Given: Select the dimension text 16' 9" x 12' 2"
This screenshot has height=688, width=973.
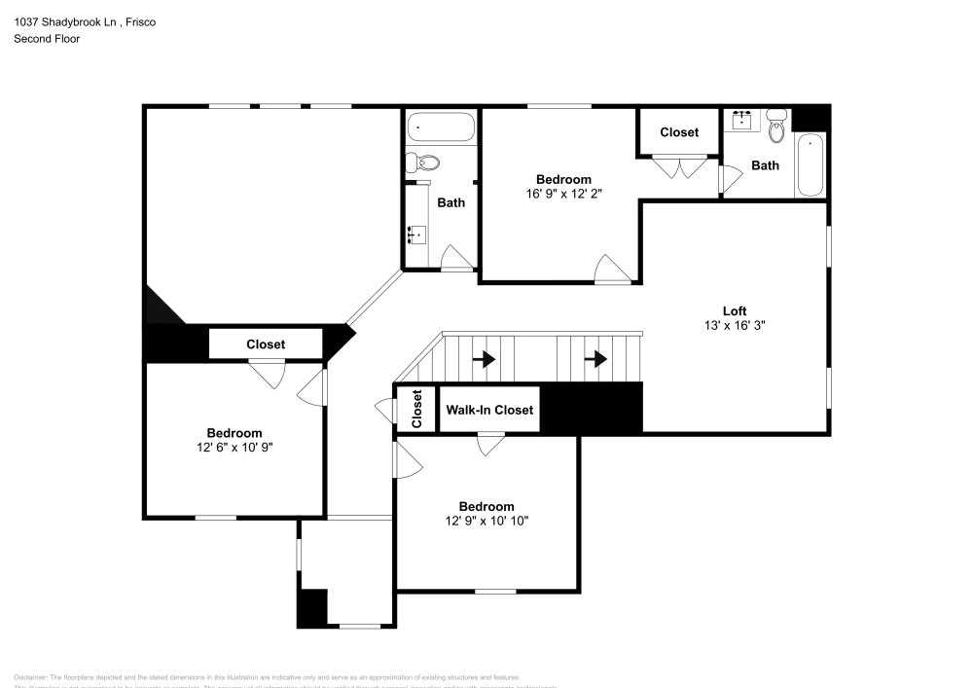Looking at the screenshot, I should coord(563,194).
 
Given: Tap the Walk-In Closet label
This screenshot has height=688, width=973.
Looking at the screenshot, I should coord(489,410).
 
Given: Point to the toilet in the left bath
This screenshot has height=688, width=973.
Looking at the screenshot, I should coord(424,162).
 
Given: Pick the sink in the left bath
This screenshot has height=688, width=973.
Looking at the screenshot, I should coord(416,235).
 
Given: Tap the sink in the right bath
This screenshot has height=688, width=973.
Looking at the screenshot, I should coord(744,120).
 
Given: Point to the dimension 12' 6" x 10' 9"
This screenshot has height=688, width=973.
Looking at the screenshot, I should coord(234,448).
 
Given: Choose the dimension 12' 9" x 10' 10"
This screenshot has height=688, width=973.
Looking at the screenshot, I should coord(486,521).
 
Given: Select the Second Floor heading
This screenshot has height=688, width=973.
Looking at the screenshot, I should coord(47,39).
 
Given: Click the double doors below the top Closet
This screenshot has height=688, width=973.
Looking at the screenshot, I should coord(679,167).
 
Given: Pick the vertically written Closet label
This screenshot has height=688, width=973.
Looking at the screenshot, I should coord(416,409).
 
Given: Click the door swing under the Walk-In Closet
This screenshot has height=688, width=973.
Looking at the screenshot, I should coord(490,443).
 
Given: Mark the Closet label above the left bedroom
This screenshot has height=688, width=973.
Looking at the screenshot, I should coord(266,344).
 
